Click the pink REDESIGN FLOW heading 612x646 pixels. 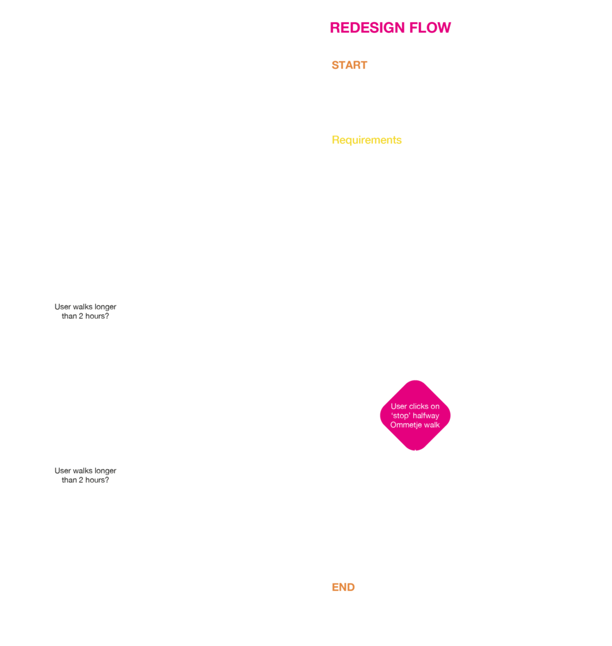point(390,28)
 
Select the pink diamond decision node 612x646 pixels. point(415,415)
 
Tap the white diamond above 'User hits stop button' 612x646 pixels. point(85,311)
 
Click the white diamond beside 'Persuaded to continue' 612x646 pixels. point(85,475)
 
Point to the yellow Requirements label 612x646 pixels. point(367,140)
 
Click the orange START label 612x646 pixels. point(349,66)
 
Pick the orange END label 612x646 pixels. point(343,587)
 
